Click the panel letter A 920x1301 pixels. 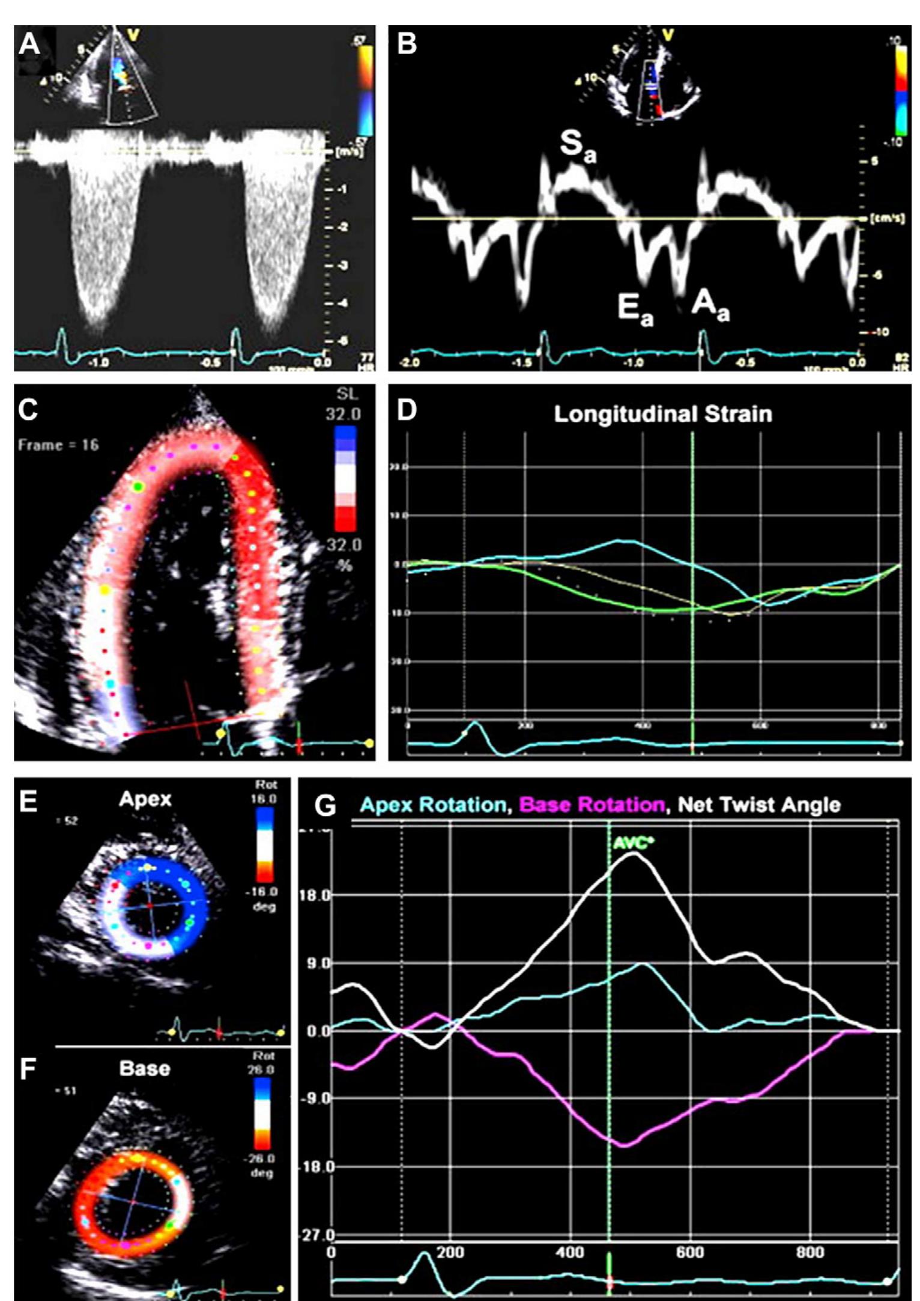(29, 44)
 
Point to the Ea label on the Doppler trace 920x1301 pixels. (635, 311)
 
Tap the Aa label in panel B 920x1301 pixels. (710, 306)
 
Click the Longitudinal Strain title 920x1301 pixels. (662, 414)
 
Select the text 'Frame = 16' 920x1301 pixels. (58, 445)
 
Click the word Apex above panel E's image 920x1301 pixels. (145, 799)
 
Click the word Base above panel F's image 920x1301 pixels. (145, 1068)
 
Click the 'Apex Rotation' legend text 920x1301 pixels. (434, 805)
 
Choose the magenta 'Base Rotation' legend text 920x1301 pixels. (592, 805)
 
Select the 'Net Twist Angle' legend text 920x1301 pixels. (759, 805)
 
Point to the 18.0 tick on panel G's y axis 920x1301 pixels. (315, 895)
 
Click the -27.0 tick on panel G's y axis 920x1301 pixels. (315, 1236)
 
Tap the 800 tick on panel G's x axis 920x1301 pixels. (810, 1252)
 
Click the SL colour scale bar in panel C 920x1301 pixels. (345, 478)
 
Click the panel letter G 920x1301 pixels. (325, 806)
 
